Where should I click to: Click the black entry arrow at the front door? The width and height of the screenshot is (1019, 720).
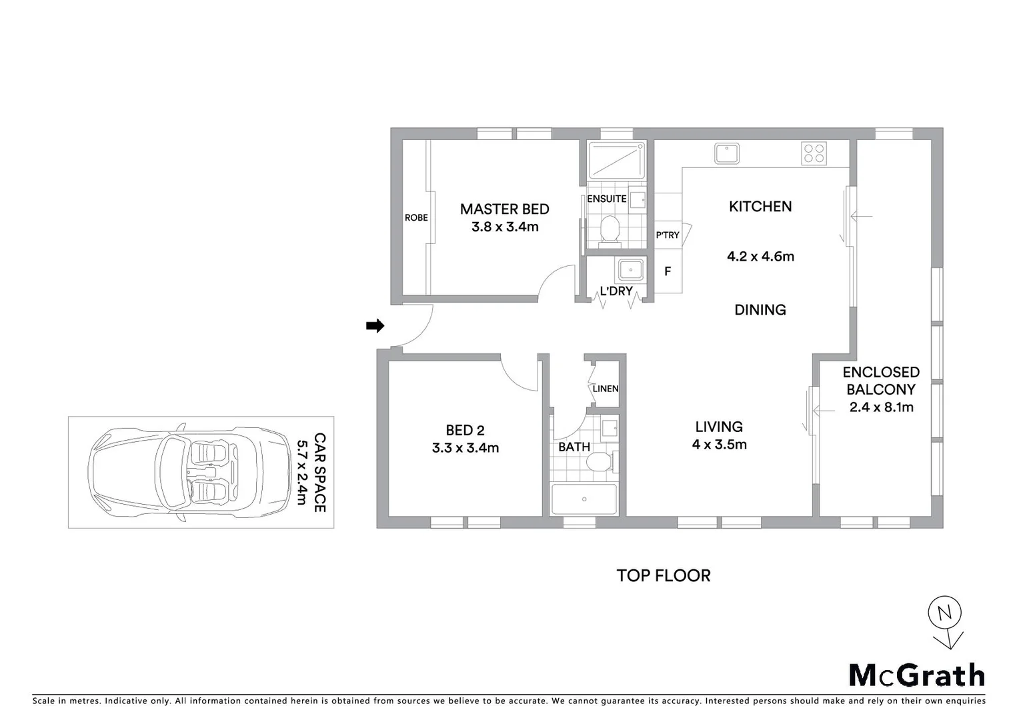375,326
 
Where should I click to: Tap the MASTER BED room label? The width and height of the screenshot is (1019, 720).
504,209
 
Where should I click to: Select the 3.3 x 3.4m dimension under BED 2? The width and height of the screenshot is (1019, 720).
465,448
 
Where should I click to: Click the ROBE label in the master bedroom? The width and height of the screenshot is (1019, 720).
416,218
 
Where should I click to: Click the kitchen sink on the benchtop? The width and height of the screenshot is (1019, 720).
726,153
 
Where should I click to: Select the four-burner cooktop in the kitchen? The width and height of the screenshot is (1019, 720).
814,153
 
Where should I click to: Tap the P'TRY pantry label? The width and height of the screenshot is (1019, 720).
667,235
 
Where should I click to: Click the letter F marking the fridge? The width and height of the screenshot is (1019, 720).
668,272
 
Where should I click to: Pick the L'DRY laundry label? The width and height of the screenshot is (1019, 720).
616,291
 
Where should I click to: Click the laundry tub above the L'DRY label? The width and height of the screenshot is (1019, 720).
630,270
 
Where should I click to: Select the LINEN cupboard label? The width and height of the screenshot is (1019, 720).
605,389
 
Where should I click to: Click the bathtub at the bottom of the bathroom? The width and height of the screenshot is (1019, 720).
584,499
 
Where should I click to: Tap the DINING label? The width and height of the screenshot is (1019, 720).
760,310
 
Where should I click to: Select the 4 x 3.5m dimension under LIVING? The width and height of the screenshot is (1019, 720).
719,445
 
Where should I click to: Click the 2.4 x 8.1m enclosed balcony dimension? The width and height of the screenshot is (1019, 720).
881,407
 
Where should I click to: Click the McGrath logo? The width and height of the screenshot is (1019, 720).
916,675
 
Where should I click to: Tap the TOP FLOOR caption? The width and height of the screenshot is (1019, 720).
663,575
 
